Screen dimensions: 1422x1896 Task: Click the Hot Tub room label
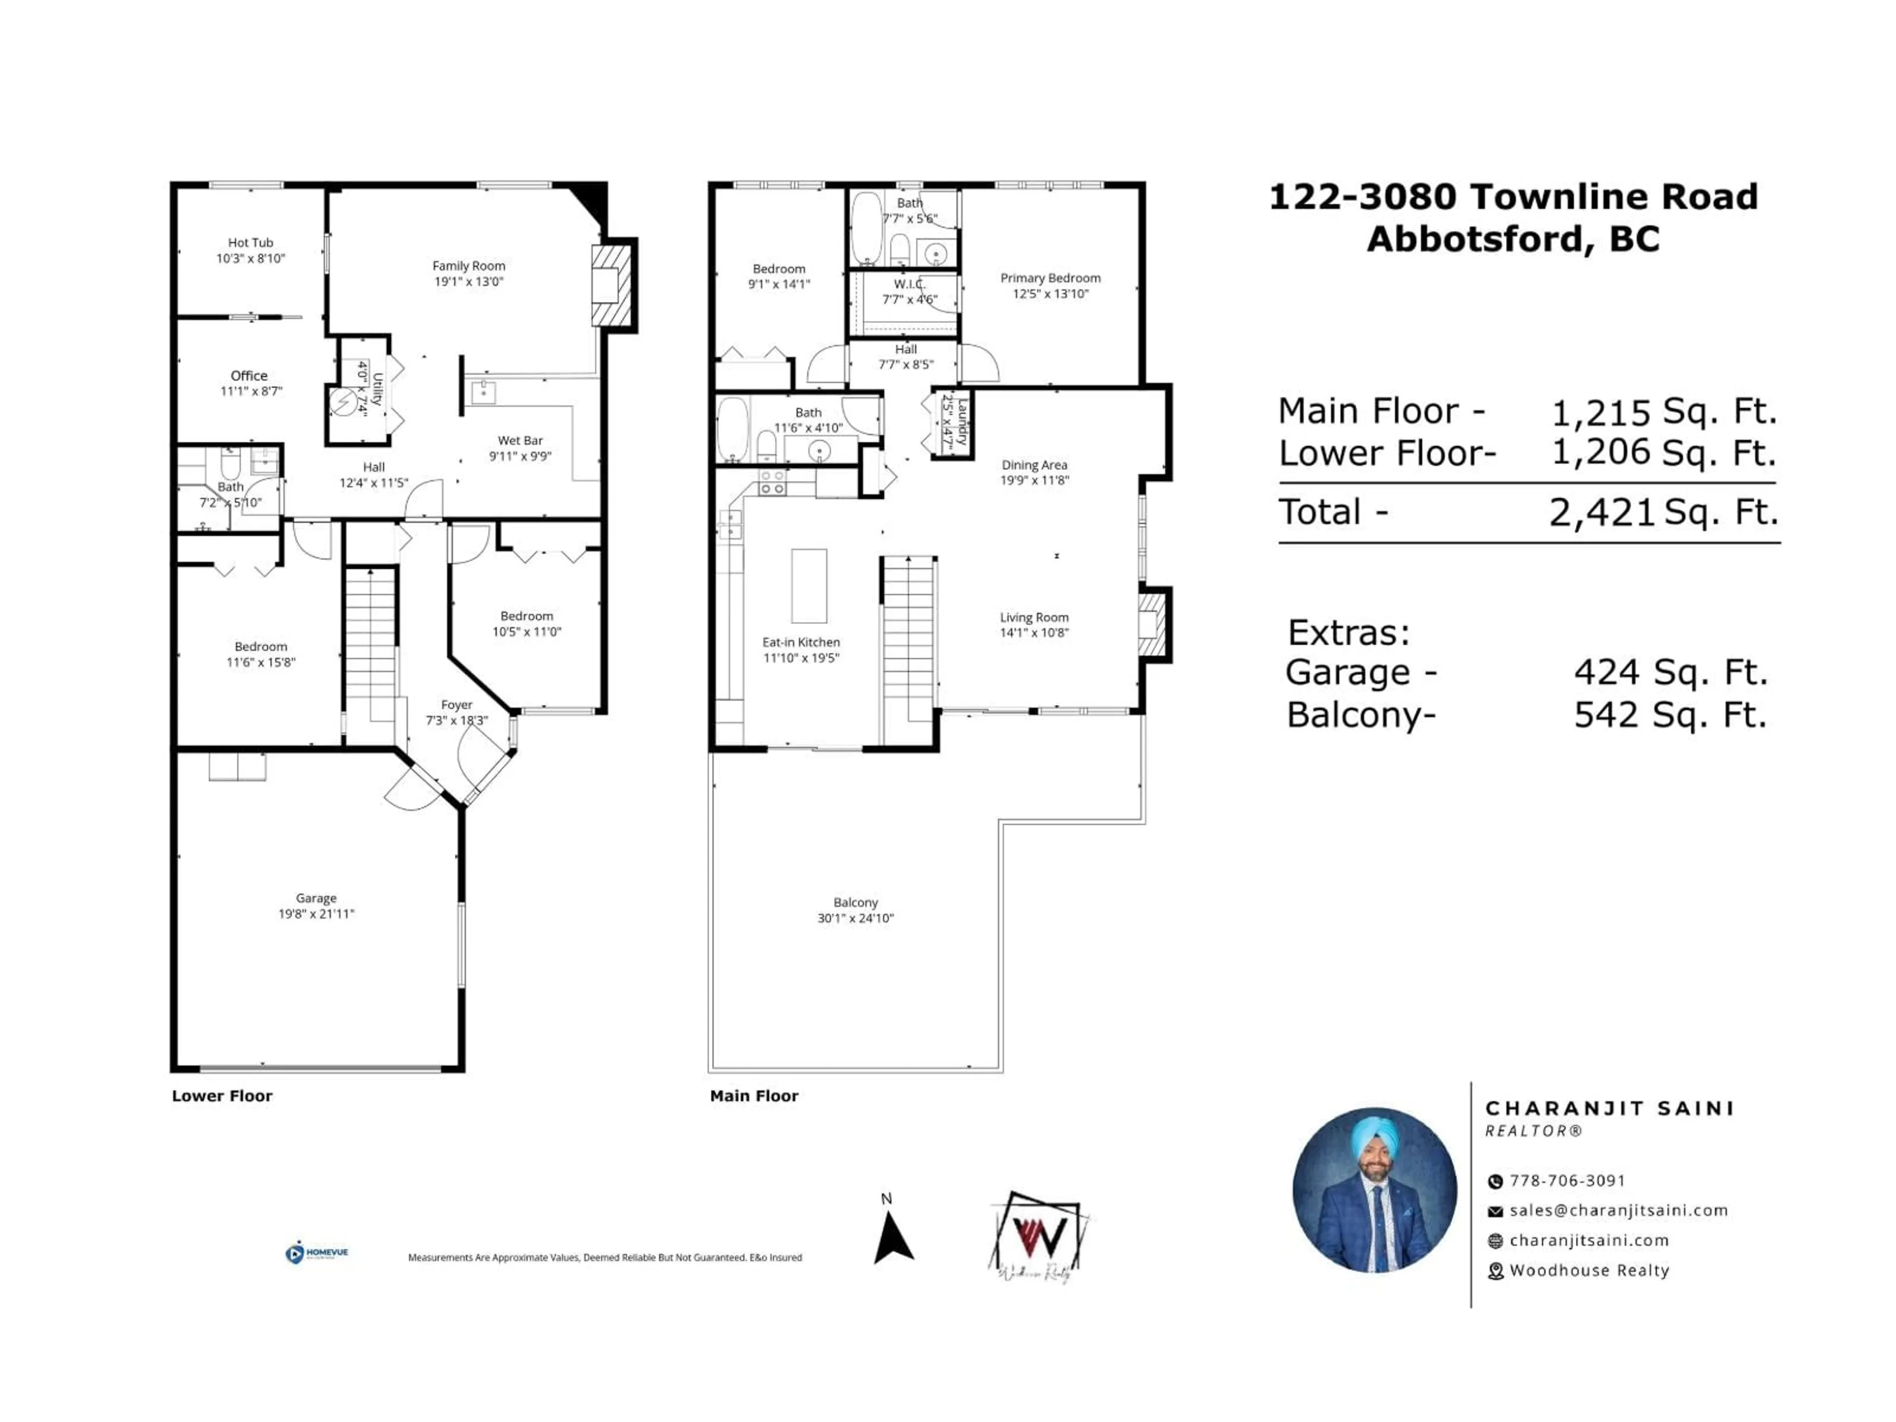[x=250, y=242]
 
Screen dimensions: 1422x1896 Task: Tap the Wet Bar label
[x=520, y=440]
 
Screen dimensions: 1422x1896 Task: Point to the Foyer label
[x=456, y=705]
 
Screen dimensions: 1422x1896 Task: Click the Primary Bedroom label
[x=1050, y=277]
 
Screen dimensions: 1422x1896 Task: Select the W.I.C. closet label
[x=909, y=284]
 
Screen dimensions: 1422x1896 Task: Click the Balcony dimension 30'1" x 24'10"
[x=856, y=918]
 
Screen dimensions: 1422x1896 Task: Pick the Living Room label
[x=1034, y=617]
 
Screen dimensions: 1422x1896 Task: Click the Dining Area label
[x=1034, y=465]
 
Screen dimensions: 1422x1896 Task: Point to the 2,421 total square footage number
[x=1600, y=513]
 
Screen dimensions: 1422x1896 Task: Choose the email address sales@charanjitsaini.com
[x=1619, y=1210]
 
